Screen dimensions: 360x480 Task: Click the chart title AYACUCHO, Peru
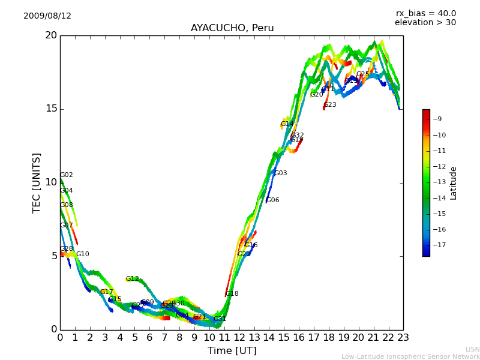point(232,28)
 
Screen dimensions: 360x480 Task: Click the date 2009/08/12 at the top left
point(47,16)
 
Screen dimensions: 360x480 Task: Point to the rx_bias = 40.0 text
point(425,14)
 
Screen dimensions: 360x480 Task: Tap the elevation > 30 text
point(425,23)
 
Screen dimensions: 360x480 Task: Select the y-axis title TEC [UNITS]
point(37,182)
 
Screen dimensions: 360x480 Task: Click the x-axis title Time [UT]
point(232,351)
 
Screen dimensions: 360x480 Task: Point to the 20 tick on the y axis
point(51,35)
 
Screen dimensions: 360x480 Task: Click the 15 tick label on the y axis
point(51,109)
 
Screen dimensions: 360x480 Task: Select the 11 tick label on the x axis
point(224,338)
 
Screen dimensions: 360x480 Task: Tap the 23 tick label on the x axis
point(403,338)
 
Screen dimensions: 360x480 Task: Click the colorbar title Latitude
point(454,182)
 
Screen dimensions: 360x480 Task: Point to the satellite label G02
point(67,175)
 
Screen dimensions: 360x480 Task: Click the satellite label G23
point(330,105)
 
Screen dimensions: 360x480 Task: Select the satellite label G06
point(273,200)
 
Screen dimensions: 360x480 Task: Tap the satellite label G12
point(133,279)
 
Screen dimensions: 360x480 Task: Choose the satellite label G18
point(232,294)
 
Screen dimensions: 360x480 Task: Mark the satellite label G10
point(83,254)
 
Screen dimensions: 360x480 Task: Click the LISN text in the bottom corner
point(472,349)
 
